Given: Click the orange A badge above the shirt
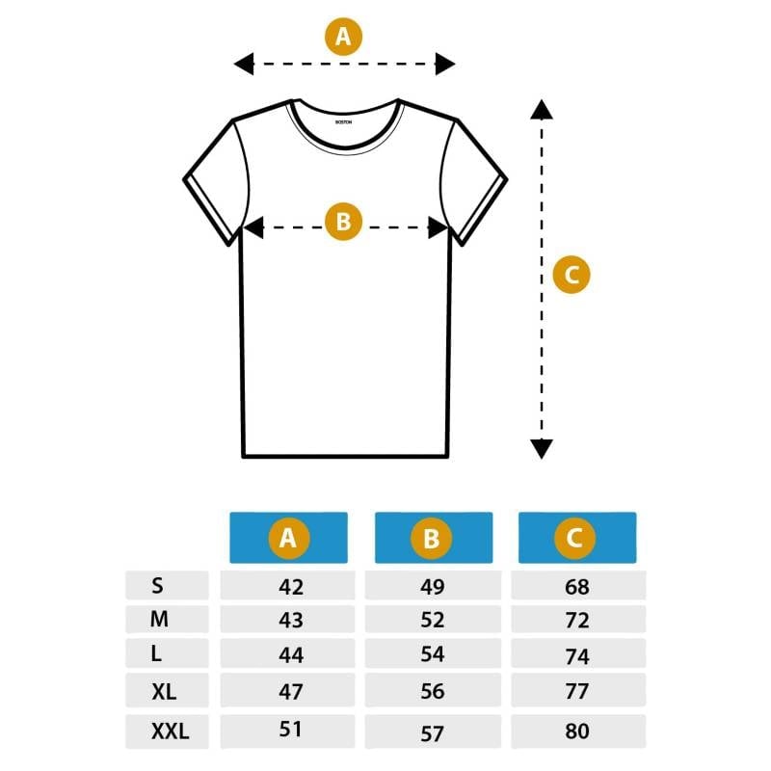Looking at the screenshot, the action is coord(343,37).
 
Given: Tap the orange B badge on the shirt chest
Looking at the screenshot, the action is coord(343,222).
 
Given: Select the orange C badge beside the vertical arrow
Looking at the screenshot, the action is coord(572,275).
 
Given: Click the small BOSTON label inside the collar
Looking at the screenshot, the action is coord(343,122).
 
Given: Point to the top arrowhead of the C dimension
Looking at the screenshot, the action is coord(542,109).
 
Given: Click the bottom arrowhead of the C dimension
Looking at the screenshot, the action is coord(542,449).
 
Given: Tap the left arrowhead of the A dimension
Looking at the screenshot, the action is coord(244,64).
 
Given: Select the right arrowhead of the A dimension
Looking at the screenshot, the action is coord(445,64).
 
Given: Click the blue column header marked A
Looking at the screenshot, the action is coord(288,538).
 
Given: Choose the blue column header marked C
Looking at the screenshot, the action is coord(577,538).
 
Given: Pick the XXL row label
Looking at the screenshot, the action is coord(171,731).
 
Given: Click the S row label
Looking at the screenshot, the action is coord(157,586).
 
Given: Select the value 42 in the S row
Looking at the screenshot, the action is coord(291,587).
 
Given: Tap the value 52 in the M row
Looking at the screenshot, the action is coord(433,620).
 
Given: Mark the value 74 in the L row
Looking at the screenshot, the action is coord(577,656).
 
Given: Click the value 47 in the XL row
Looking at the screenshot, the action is coord(291,691).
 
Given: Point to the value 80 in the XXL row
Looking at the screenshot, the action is coord(577,731).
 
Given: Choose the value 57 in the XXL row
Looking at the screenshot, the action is coord(433,733).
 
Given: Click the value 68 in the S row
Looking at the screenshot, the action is coord(577,587).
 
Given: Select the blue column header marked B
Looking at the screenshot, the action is coord(434,538).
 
